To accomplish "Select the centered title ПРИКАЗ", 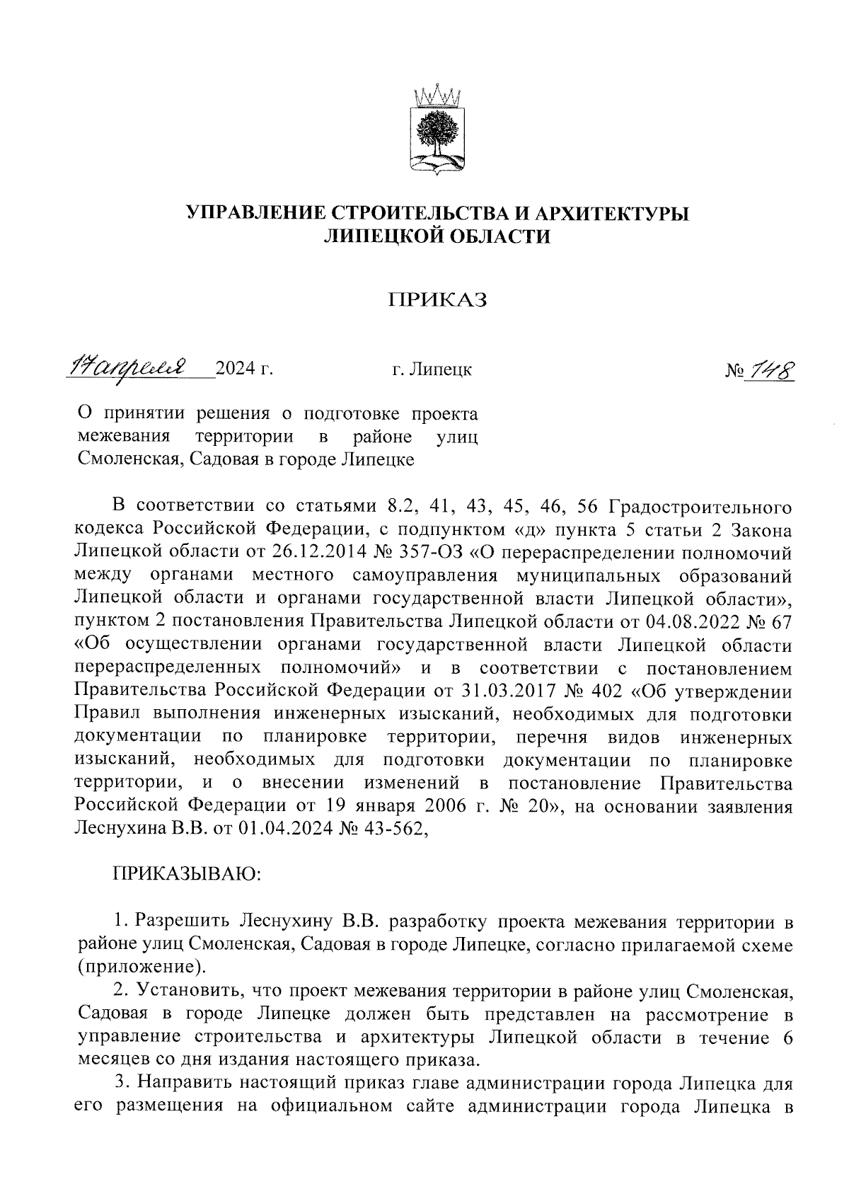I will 437,300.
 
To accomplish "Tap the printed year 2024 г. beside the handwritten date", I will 244,369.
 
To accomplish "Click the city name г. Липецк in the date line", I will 432,369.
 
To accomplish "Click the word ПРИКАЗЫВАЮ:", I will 187,875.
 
